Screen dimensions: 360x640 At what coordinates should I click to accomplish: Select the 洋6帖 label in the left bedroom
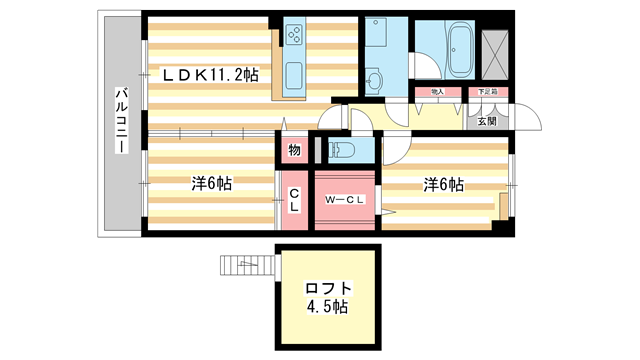212,184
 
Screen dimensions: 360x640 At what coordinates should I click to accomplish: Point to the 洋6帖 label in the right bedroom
442,184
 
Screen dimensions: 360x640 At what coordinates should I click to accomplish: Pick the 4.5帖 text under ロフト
327,308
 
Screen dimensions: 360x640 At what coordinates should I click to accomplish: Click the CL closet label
294,201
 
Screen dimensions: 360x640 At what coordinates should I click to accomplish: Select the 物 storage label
294,150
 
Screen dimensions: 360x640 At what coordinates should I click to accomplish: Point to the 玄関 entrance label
486,121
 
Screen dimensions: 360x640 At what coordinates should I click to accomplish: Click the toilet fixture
341,150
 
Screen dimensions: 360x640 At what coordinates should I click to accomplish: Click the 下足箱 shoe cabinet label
486,93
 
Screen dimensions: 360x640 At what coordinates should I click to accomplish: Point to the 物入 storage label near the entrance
437,93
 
